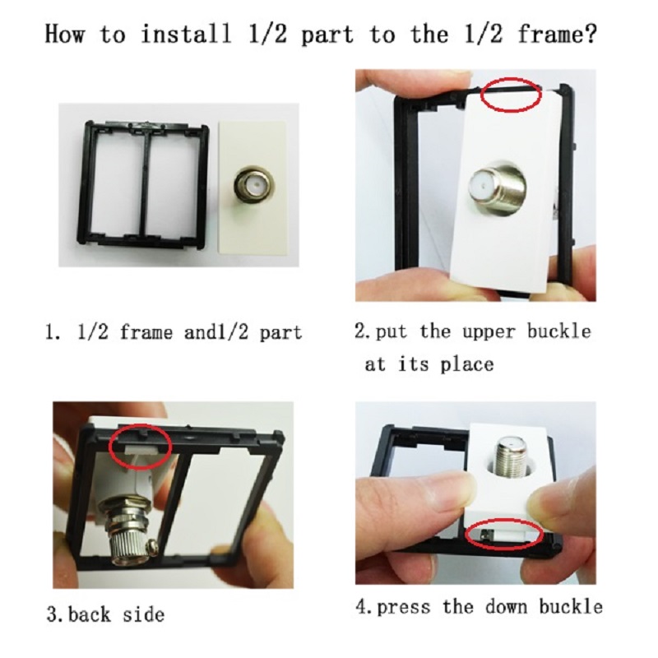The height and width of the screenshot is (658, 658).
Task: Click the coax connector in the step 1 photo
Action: coord(254,183)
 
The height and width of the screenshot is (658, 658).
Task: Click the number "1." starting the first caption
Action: coord(52,332)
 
